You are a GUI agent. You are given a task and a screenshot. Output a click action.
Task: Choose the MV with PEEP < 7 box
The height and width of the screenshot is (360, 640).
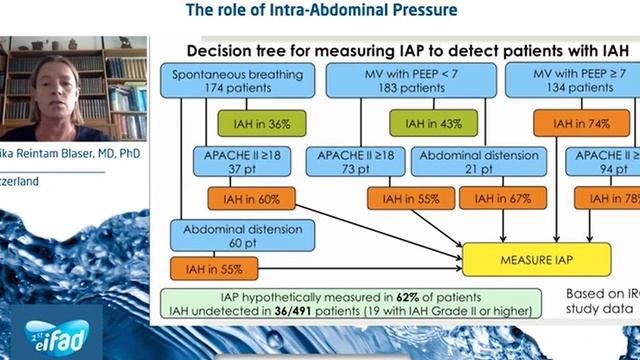click(x=412, y=82)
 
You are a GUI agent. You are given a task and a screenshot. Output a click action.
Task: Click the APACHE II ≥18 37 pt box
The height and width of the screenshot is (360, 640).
click(x=234, y=162)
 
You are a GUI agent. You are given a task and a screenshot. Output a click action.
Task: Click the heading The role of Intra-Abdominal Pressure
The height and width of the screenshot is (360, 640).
click(x=322, y=10)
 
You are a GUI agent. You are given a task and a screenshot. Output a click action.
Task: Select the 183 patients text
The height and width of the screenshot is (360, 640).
click(x=412, y=91)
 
